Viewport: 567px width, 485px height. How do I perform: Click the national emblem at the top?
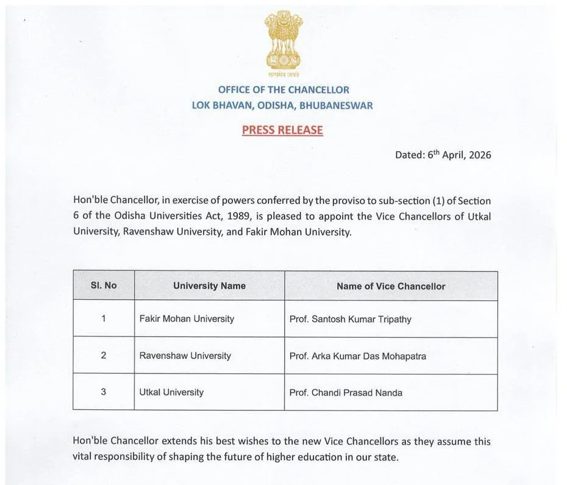[x=283, y=41]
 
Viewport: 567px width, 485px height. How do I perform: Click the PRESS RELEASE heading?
[x=282, y=130]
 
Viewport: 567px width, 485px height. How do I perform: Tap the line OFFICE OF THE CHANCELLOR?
[x=283, y=90]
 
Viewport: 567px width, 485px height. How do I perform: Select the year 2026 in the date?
[x=478, y=155]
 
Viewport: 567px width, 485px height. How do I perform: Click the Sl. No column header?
[x=104, y=285]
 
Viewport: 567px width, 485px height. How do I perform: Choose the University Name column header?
[x=209, y=286]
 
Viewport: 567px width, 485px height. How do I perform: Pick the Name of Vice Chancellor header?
[x=391, y=286]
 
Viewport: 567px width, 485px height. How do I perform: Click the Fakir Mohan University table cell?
[x=187, y=319]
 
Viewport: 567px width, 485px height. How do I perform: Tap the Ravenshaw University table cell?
[x=185, y=355]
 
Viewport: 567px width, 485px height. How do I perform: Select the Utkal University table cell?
[x=171, y=392]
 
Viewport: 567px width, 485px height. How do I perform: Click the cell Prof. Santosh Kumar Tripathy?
[x=351, y=319]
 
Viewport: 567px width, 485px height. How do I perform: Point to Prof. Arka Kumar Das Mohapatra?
[x=357, y=356]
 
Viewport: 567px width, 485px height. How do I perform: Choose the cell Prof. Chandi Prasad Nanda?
[x=346, y=393]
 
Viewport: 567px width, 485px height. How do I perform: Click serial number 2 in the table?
[x=104, y=355]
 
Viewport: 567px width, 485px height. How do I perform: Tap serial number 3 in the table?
[x=104, y=392]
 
